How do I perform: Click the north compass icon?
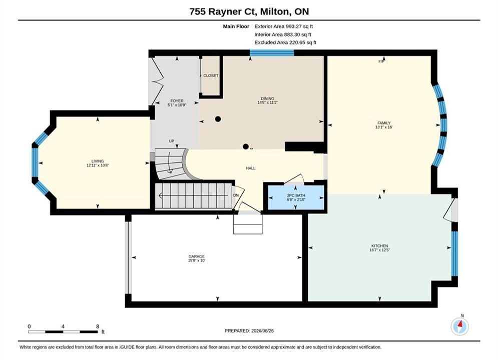(x=459, y=325)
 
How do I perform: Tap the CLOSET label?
(x=211, y=75)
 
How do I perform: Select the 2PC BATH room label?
(x=296, y=195)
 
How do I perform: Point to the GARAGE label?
(x=197, y=256)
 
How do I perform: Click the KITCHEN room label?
(x=380, y=246)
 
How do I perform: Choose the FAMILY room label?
(x=384, y=123)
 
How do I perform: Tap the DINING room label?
(x=267, y=98)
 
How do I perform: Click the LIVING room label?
(x=98, y=161)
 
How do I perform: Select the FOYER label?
(x=177, y=101)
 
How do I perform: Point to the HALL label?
(x=251, y=168)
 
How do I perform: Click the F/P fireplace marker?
(x=381, y=61)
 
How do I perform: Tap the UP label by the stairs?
(x=172, y=141)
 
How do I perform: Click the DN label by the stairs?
(x=236, y=195)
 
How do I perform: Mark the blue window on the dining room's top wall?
(x=272, y=53)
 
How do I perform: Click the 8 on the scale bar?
(x=98, y=326)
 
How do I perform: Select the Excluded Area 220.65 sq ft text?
(x=285, y=42)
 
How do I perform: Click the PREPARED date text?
(x=249, y=331)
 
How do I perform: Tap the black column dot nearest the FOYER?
(x=218, y=119)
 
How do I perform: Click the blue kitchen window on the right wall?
(x=455, y=253)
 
